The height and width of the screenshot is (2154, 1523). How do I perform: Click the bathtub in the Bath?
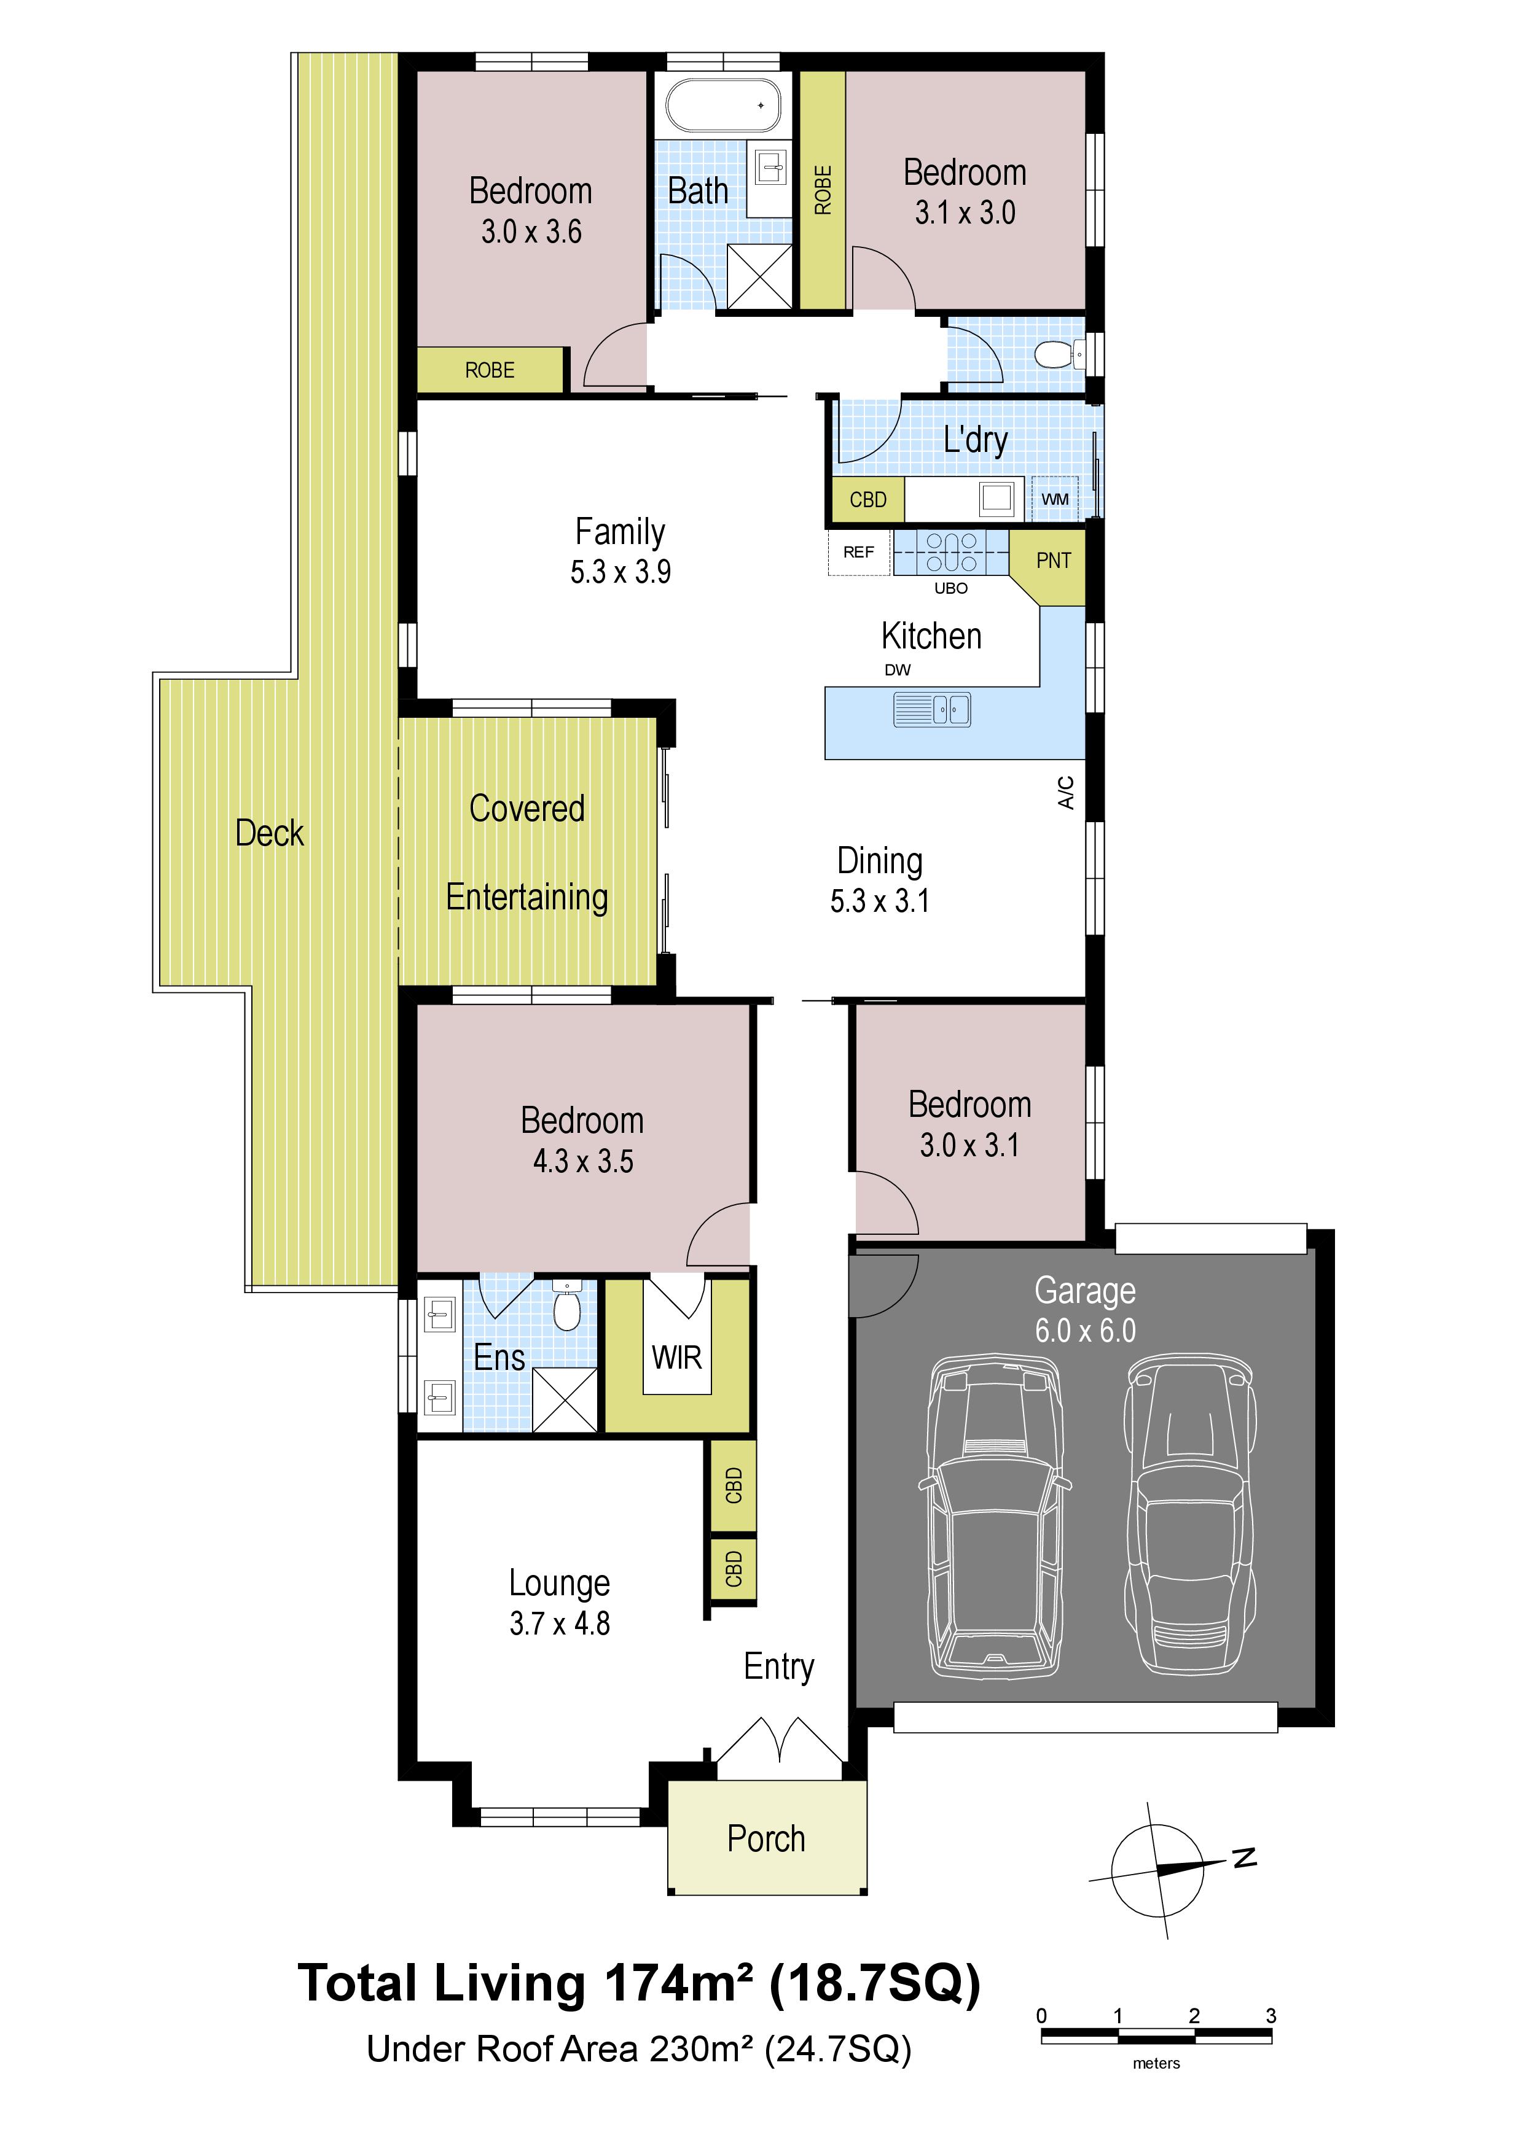[x=722, y=105]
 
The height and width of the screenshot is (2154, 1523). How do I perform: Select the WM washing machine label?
[x=1055, y=499]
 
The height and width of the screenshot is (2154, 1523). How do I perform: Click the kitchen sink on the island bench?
[x=932, y=710]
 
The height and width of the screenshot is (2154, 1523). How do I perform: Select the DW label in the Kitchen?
[x=897, y=670]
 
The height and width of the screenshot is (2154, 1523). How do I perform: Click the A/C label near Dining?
[x=1066, y=792]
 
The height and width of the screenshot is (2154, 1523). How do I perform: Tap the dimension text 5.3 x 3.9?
[x=621, y=571]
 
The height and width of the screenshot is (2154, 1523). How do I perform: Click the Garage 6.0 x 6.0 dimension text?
[x=1085, y=1331]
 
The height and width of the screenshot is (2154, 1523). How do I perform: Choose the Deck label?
[x=269, y=833]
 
